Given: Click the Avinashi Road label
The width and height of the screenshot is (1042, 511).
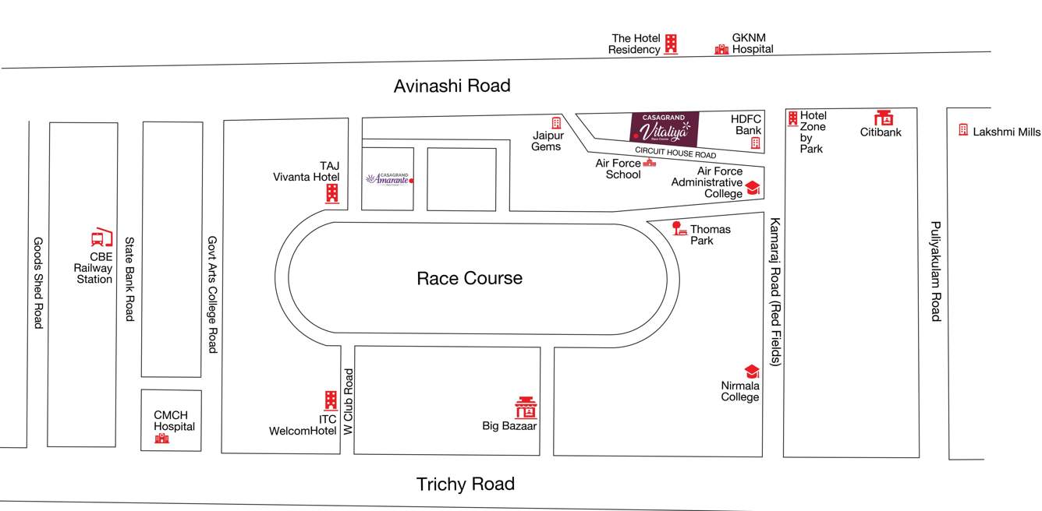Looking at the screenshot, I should tap(452, 86).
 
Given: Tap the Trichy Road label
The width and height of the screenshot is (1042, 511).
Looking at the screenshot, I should tap(465, 484).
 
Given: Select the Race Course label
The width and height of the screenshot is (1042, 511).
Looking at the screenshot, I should tap(470, 278).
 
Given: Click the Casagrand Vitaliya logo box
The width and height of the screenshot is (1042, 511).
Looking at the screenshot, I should tap(664, 129).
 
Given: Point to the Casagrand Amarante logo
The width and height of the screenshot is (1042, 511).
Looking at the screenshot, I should tap(388, 178).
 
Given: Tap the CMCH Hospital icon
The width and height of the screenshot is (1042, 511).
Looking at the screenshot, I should tap(161, 439).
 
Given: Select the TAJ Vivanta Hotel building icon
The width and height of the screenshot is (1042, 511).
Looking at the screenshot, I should tap(332, 193).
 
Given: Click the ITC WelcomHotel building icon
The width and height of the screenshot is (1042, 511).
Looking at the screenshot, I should tap(331, 401).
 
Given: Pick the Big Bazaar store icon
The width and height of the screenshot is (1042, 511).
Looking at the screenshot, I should tap(526, 407).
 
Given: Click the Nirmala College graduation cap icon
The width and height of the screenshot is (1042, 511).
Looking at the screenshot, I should tap(752, 372).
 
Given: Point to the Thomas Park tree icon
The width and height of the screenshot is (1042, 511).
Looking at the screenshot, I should tap(678, 228).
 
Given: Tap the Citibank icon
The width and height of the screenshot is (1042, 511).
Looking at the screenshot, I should tap(883, 118).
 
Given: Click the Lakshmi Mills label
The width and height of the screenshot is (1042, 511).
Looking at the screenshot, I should tap(1006, 132).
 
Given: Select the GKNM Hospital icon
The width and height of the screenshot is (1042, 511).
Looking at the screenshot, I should tap(721, 49).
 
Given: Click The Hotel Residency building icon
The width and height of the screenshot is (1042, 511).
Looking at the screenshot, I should tap(671, 44).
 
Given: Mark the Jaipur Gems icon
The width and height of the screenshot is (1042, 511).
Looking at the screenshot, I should tap(556, 123).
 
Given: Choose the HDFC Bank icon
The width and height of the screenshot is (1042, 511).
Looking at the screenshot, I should tap(755, 143).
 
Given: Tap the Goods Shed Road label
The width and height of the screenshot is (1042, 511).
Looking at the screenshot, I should tap(37, 282).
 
